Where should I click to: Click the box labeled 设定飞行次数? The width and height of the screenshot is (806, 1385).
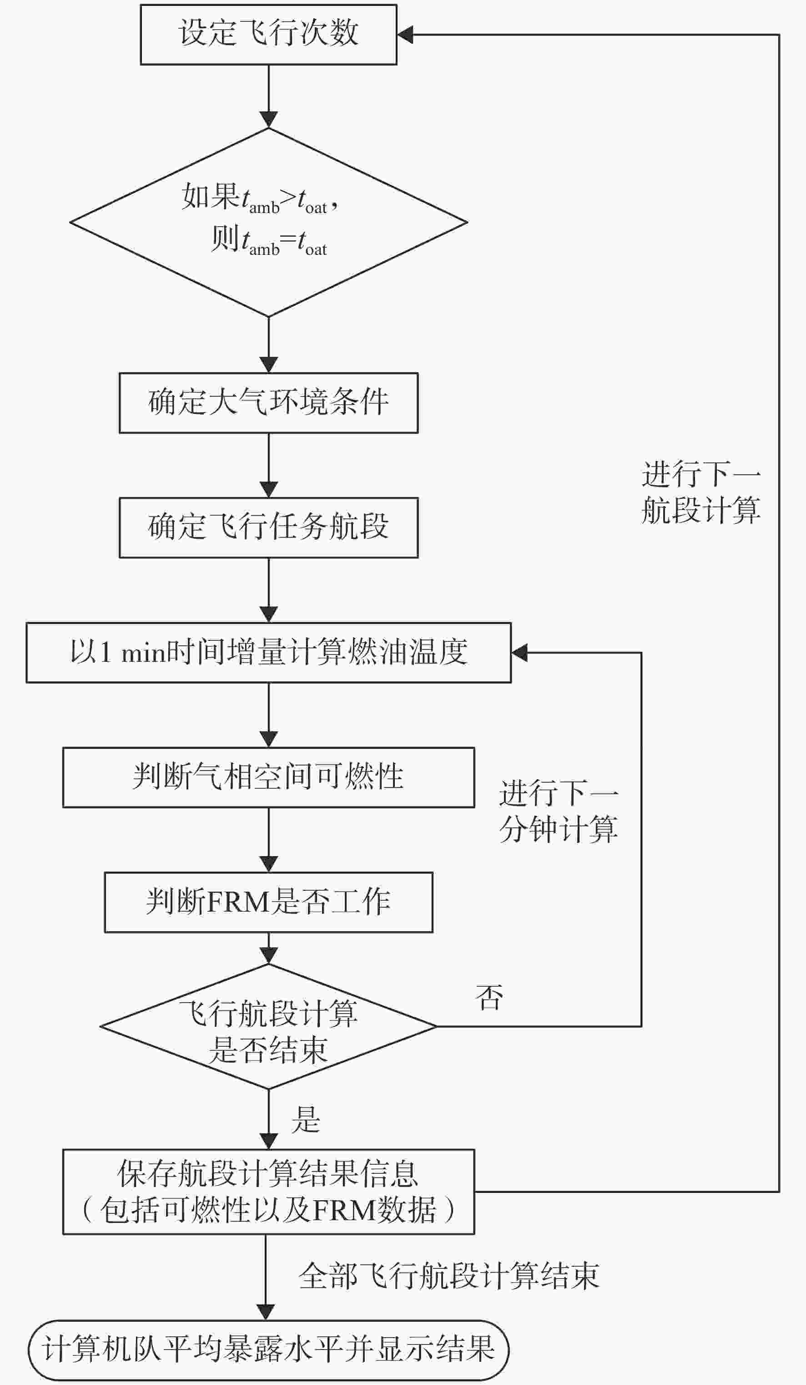(x=269, y=35)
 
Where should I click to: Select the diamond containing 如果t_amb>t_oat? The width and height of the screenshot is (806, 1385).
(x=269, y=222)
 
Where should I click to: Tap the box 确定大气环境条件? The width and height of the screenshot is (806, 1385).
(x=269, y=403)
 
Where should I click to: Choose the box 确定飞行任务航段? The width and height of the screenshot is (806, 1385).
(x=269, y=528)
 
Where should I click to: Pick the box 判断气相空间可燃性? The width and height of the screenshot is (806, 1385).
(x=269, y=777)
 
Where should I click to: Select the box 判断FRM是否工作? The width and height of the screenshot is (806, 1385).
(x=269, y=902)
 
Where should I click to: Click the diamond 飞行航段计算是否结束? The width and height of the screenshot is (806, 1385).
(x=269, y=1026)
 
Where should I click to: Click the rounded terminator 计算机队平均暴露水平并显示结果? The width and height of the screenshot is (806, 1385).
(x=269, y=1350)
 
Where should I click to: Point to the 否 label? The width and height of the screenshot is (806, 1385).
(x=489, y=998)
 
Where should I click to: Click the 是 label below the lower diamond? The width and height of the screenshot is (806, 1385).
(x=306, y=1119)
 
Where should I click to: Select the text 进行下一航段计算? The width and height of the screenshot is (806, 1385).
(x=701, y=492)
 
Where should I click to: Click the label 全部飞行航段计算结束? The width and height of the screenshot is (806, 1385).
(x=449, y=1276)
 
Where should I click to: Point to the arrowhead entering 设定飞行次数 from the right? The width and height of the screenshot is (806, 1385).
(x=405, y=35)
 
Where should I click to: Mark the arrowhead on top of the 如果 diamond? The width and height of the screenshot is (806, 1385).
(x=269, y=120)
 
